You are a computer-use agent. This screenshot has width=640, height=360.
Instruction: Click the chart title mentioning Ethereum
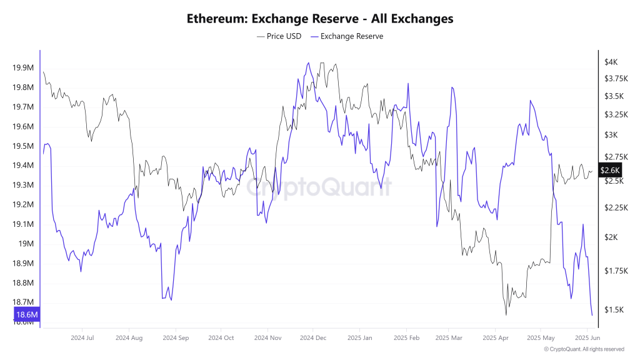[x=320, y=19]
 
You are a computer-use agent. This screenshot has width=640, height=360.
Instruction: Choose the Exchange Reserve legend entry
[x=347, y=36]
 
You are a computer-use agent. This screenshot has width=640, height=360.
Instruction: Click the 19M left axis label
[x=26, y=244]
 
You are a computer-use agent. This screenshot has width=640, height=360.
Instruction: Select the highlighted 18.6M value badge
[x=27, y=314]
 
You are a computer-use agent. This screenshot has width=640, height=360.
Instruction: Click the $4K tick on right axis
[x=611, y=62]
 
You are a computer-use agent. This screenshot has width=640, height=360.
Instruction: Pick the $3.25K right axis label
[x=614, y=114]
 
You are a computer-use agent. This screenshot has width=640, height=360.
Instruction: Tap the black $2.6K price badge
[x=610, y=170]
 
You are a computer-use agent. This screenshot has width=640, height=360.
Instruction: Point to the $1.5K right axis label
[x=612, y=310]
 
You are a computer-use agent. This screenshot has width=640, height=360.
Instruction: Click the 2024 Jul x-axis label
[x=82, y=337]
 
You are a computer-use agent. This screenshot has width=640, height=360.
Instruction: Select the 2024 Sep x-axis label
[x=176, y=337]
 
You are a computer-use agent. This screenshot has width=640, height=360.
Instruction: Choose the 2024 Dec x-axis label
[x=313, y=337]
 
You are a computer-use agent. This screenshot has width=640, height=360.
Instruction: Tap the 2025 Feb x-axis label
[x=406, y=337]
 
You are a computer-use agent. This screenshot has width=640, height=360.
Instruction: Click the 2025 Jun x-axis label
[x=587, y=337]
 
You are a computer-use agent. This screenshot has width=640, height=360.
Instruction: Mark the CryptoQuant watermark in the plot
[x=319, y=186]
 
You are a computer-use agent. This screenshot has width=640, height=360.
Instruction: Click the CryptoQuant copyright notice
[x=584, y=349]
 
